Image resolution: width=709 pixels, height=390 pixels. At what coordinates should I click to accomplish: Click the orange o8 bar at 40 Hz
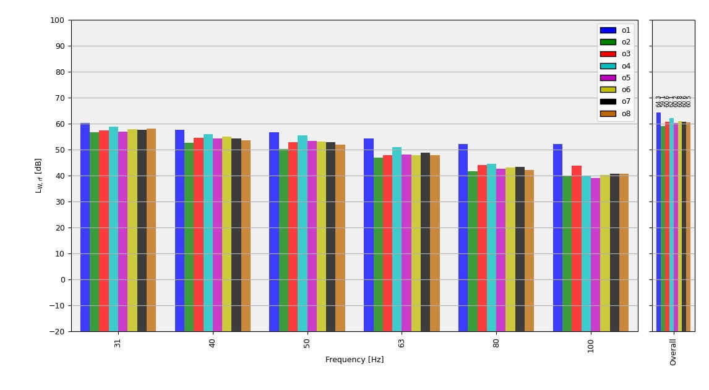(x=246, y=235)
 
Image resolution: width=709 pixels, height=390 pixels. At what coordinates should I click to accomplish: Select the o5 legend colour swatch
(x=608, y=78)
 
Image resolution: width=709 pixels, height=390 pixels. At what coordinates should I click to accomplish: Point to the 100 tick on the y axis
(x=57, y=20)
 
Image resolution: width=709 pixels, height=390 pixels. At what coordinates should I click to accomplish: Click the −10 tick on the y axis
(x=57, y=306)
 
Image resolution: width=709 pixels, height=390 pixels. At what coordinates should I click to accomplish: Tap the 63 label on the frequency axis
(x=402, y=342)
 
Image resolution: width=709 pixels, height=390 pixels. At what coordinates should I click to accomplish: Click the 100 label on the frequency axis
(x=591, y=345)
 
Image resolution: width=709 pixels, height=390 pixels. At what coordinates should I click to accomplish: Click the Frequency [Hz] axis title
(x=354, y=360)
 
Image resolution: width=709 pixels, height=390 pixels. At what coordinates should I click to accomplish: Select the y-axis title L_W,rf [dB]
(x=38, y=176)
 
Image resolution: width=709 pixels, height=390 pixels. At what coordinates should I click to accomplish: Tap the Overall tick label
(x=673, y=352)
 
